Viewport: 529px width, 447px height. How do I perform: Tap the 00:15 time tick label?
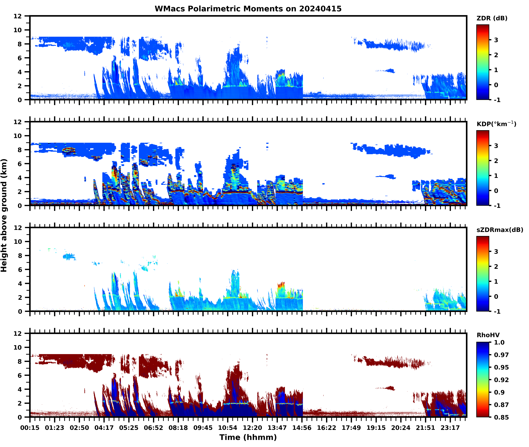(x=30, y=428)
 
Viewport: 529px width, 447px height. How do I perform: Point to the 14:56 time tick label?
(x=302, y=428)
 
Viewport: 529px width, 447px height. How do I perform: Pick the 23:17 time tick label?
(x=450, y=428)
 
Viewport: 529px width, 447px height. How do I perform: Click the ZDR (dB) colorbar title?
(x=492, y=18)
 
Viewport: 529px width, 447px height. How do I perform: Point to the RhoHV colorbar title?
(x=488, y=335)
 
